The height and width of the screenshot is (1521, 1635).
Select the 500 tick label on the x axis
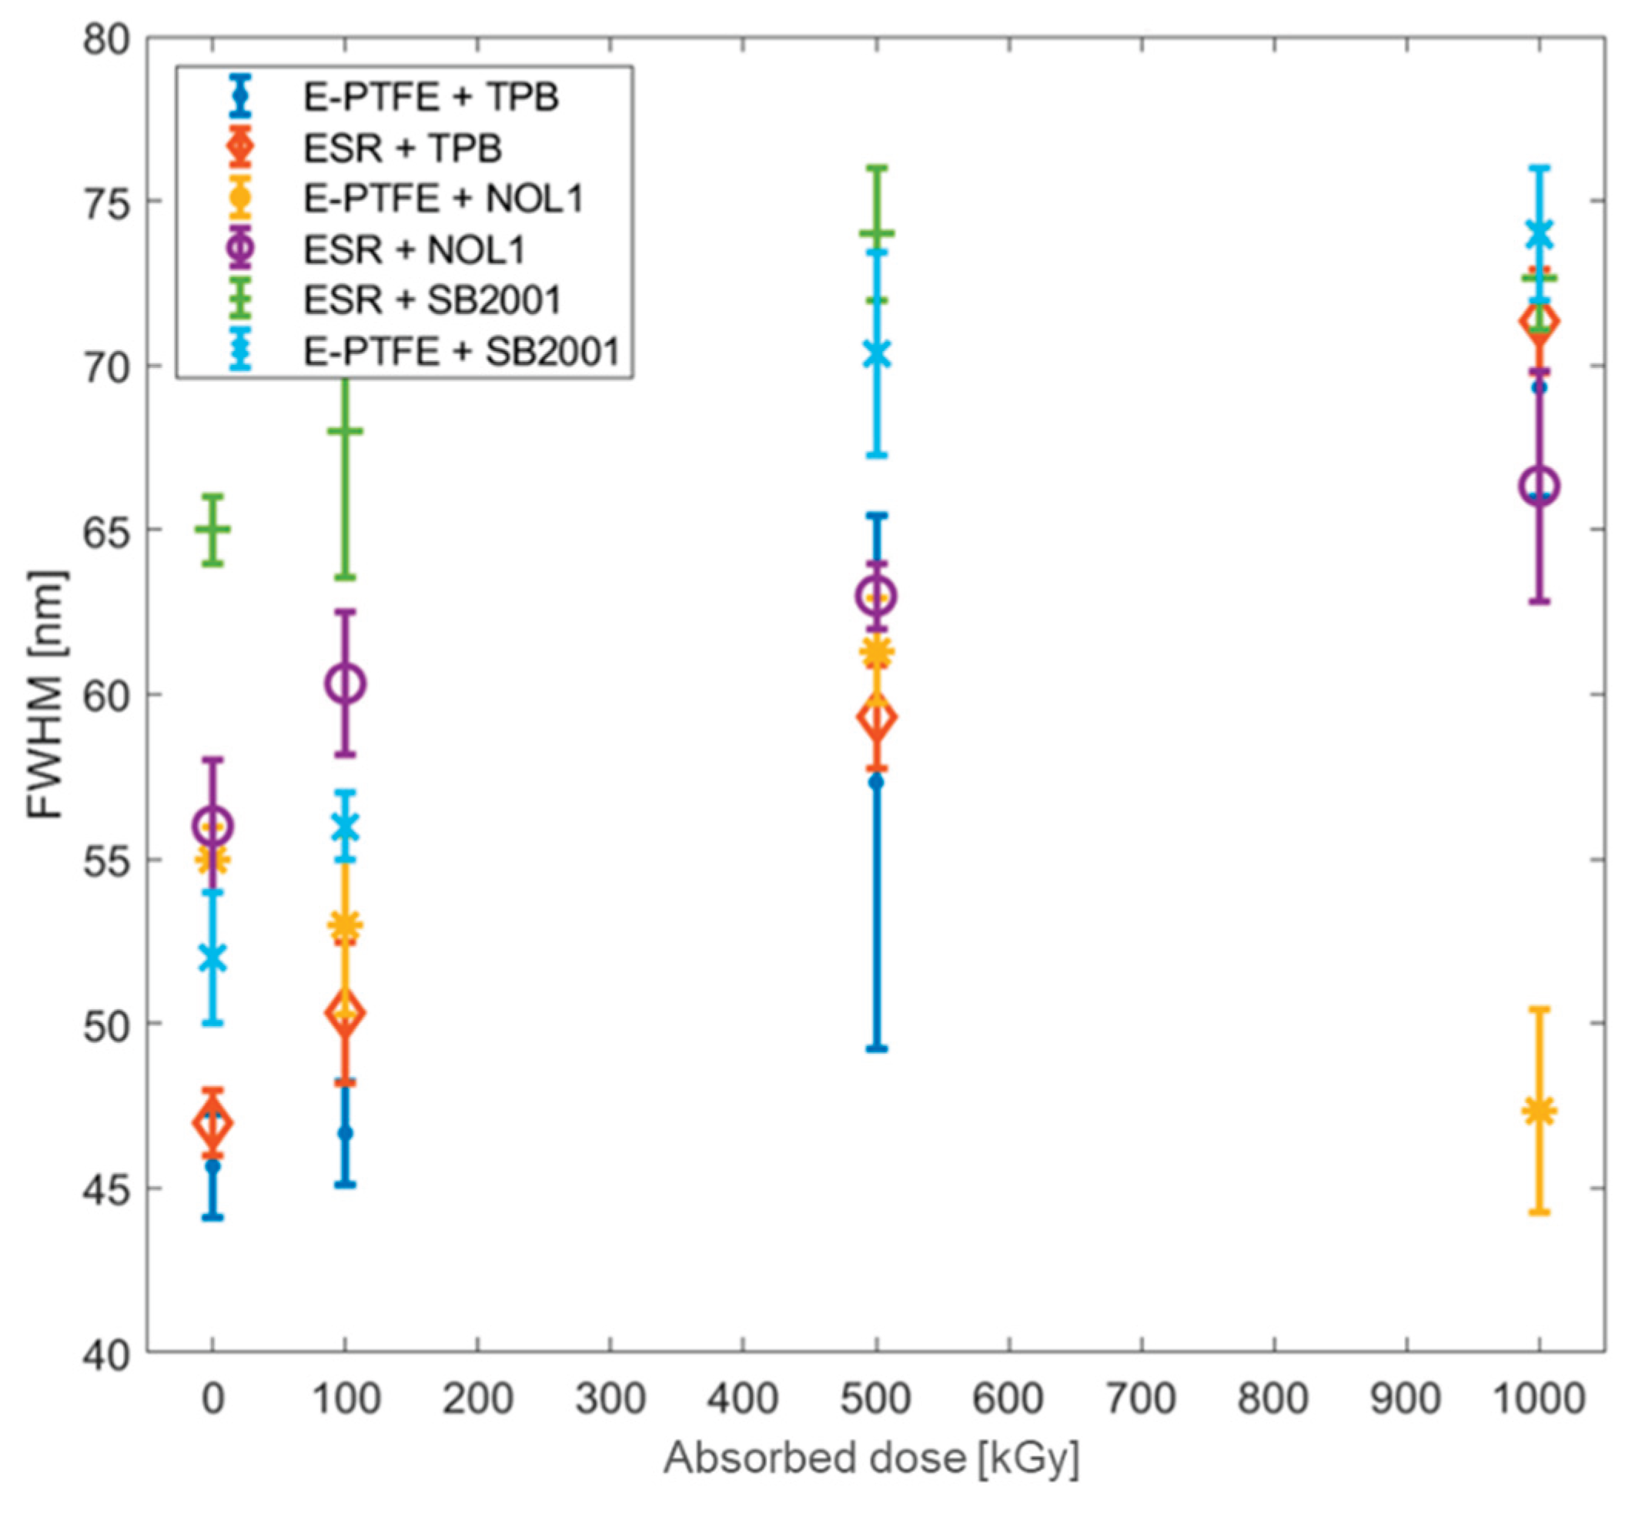[876, 1399]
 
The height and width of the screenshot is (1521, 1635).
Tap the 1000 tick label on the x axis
[1539, 1399]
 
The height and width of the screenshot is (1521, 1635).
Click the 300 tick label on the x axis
[610, 1399]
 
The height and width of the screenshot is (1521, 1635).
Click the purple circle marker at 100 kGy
[346, 684]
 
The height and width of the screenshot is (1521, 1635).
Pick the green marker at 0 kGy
[213, 530]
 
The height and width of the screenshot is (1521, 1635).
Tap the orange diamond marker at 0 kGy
[213, 1123]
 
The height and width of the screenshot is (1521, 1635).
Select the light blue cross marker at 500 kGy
[877, 355]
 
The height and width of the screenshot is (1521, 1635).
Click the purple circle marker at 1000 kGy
[1540, 486]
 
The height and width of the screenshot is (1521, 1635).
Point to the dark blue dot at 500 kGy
[877, 781]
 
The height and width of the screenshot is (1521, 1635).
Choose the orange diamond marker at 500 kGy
[877, 718]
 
